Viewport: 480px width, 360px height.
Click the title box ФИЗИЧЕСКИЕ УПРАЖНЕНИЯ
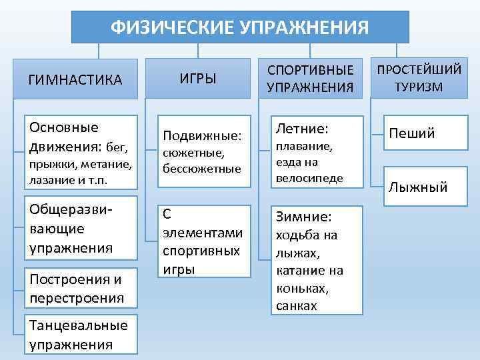click(239, 27)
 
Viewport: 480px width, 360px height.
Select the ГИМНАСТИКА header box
click(75, 81)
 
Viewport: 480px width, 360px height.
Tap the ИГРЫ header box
click(198, 79)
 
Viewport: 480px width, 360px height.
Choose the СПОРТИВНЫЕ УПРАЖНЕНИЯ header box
click(310, 79)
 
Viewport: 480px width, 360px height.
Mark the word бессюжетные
click(202, 169)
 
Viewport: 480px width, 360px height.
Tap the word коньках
click(301, 288)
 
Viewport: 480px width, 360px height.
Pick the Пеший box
click(412, 133)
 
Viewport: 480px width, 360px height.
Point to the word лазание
click(50, 180)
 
